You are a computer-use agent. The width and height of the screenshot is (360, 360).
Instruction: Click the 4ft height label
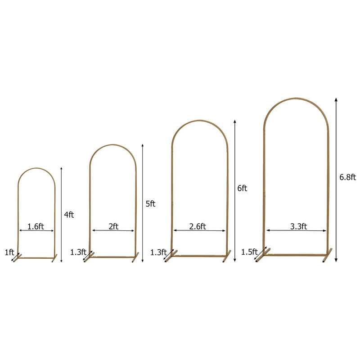(x=69, y=215)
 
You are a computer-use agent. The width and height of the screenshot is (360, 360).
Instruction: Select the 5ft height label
(x=150, y=203)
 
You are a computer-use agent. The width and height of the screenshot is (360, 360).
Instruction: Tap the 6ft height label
(x=242, y=188)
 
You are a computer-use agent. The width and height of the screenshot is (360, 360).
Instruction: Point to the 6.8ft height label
(x=347, y=177)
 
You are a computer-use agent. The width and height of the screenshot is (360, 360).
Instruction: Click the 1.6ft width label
(x=36, y=226)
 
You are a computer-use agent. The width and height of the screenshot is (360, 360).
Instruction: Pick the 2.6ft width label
(x=197, y=226)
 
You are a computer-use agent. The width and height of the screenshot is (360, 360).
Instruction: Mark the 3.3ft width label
(x=298, y=226)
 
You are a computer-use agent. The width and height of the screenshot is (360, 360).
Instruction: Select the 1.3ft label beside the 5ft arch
(x=77, y=252)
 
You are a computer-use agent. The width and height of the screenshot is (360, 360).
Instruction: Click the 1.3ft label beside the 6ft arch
(x=158, y=252)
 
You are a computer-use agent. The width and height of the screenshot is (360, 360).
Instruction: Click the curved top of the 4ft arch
(x=36, y=169)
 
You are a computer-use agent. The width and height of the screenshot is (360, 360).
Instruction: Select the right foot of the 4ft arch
(x=55, y=258)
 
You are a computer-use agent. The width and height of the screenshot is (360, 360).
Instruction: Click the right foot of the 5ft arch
(x=135, y=257)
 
